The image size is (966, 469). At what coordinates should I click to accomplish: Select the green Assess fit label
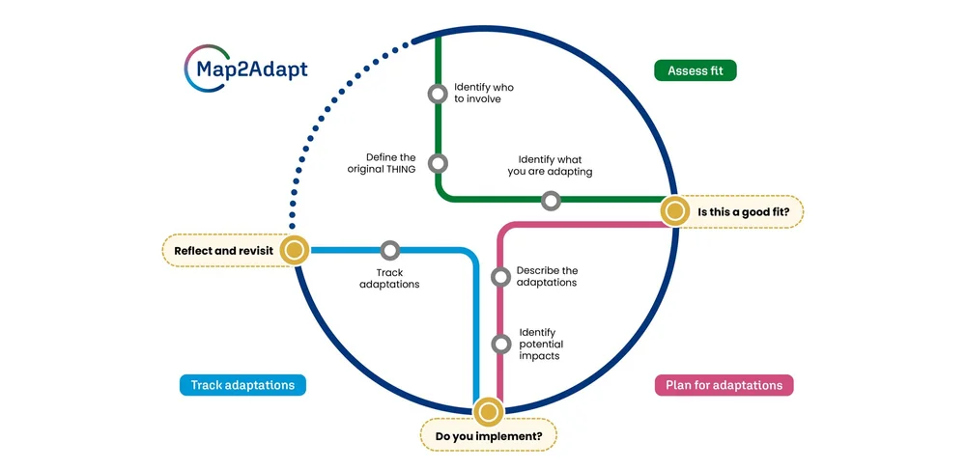695,70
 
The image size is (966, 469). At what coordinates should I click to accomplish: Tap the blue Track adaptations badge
242,385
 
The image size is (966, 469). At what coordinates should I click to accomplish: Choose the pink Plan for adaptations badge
724,385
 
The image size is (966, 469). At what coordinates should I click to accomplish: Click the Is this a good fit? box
750,211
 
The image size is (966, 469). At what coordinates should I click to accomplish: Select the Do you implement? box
489,436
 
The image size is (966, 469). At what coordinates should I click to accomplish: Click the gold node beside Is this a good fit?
674,211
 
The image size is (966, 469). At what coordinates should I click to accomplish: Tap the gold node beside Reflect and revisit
294,251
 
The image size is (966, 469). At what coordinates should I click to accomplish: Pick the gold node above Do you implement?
489,412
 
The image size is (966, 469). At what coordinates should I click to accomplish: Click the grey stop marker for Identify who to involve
438,94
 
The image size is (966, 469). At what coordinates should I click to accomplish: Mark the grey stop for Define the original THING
438,164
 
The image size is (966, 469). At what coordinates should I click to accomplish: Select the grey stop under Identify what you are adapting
551,201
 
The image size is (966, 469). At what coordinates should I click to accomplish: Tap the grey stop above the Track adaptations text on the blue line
389,251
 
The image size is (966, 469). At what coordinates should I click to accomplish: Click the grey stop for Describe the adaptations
500,277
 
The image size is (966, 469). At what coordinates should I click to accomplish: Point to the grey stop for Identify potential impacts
500,344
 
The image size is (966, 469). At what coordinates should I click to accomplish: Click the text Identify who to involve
483,93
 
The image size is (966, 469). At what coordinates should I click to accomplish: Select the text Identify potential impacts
541,345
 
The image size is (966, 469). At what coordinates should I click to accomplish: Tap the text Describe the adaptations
547,277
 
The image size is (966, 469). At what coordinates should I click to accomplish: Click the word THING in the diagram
397,170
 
